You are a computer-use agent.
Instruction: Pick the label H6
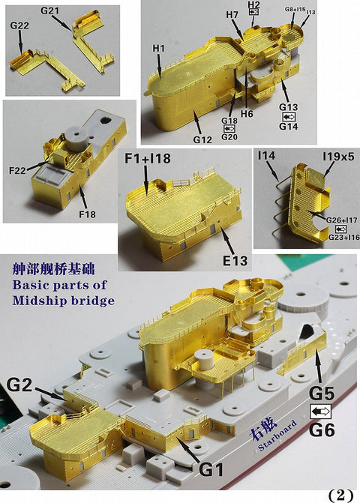pyautogui.click(x=247, y=114)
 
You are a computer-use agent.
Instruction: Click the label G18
pyautogui.click(x=229, y=120)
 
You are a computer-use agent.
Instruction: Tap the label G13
pyautogui.click(x=289, y=106)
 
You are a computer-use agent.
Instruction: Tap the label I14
pyautogui.click(x=266, y=155)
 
